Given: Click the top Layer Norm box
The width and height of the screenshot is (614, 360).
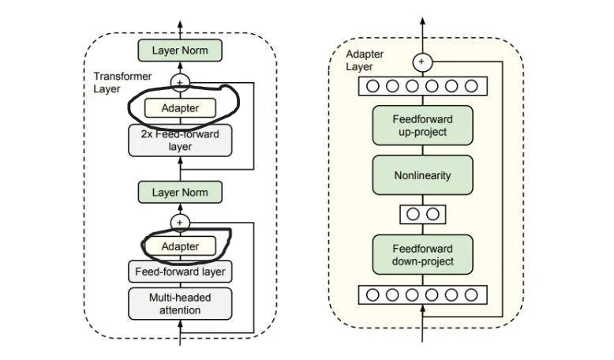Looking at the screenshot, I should coord(180,51).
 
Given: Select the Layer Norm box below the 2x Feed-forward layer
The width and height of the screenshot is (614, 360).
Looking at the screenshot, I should coord(180,192).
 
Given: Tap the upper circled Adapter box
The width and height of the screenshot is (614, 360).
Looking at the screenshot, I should coord(180,107).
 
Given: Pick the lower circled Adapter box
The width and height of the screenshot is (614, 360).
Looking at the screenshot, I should coord(180,246).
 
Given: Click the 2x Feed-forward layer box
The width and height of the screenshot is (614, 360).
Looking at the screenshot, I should coord(180,141).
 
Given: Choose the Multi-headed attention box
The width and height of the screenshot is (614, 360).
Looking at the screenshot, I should coord(180,304).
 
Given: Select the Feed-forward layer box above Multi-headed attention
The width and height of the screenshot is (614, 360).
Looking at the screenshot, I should coord(180,272).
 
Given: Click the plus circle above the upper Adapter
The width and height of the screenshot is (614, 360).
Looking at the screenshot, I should coord(180,82).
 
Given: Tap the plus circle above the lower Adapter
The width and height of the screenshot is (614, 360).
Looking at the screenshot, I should coord(180,223).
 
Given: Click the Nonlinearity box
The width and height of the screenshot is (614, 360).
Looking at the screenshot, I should coord(422,175).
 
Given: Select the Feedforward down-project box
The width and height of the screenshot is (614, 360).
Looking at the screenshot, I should coord(422,255).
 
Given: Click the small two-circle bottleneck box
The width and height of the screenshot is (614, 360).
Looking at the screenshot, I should coord(422,214).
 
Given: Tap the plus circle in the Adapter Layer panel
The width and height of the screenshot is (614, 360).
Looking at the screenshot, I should coord(422,61).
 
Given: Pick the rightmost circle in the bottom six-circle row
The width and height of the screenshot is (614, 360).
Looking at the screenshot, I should coord(471,295).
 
